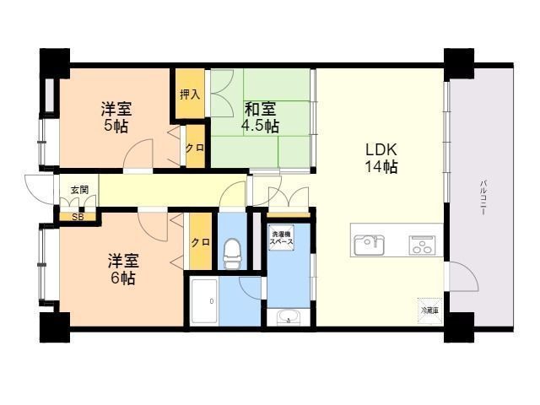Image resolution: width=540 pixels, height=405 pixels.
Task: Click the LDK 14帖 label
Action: click(381, 158)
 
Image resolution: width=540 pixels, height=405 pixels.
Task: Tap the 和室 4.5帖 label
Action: click(262, 117)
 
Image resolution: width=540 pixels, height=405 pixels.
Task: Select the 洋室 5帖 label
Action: click(116, 117)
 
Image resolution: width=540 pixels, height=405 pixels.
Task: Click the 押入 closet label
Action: click(190, 94)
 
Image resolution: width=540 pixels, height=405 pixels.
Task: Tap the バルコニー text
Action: click(483, 199)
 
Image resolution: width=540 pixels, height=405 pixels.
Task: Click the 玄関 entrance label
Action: click(78, 191)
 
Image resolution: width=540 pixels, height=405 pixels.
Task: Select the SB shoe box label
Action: click(78, 217)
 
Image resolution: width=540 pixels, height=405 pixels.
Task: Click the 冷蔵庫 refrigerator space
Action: click(429, 310)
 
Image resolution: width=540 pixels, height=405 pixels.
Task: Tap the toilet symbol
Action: click(230, 251)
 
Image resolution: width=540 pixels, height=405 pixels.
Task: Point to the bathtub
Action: click(211, 300)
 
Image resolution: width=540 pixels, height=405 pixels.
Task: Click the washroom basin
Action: click(287, 318)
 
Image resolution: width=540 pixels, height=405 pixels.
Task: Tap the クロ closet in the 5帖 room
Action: click(193, 146)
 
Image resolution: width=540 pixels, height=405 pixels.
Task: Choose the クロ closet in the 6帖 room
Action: click(199, 242)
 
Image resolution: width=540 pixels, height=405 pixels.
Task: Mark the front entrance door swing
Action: click(38, 186)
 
